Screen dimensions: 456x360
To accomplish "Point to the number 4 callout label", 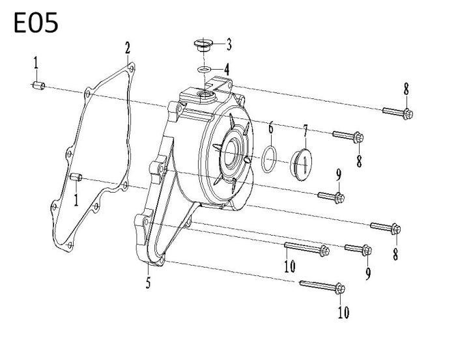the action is (x=227, y=68).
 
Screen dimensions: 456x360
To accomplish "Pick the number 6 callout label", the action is (x=270, y=128).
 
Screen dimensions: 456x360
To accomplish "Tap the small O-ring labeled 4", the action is (x=204, y=68).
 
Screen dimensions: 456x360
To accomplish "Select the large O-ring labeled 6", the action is (x=271, y=158).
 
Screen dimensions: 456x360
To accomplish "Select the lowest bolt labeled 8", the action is (x=385, y=228).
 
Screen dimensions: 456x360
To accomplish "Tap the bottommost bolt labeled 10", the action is (x=323, y=286).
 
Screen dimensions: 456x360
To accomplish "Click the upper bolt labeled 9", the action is (x=331, y=195).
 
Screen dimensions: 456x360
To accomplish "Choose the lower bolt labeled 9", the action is (x=358, y=249).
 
